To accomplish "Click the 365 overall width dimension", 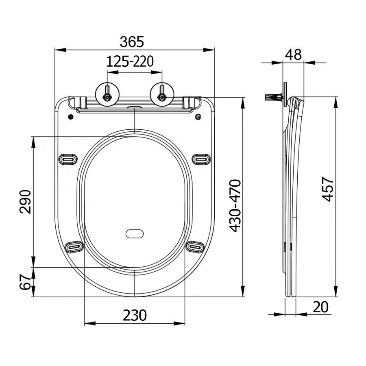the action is tap(132, 42).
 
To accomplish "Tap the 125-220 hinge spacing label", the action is tap(130, 62).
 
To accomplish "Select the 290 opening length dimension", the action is tap(25, 202).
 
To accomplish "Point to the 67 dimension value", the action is tap(25, 282).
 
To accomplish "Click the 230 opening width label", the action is tap(135, 315).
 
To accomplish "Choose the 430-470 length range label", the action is tap(235, 206).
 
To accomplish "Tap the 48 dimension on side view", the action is tap(294, 54).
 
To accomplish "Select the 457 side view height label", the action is tap(327, 189).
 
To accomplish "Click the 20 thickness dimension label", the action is tap(320, 307).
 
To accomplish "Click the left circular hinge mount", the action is tap(107, 94).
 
